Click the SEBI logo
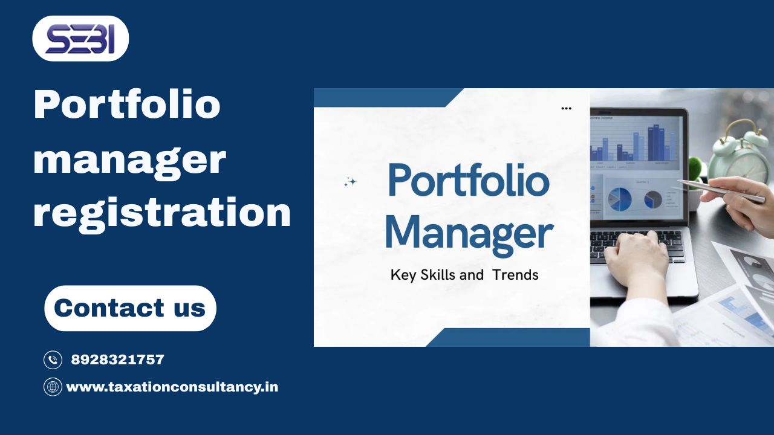pyautogui.click(x=80, y=39)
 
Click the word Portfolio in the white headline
pyautogui.click(x=127, y=104)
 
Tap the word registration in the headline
pyautogui.click(x=162, y=213)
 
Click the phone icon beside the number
pyautogui.click(x=53, y=360)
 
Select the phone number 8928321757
pyautogui.click(x=118, y=360)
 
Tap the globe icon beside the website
pyautogui.click(x=53, y=387)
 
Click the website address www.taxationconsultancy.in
pyautogui.click(x=172, y=387)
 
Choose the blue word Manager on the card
pyautogui.click(x=469, y=233)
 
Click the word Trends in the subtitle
pyautogui.click(x=515, y=275)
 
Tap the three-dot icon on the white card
pyautogui.click(x=566, y=109)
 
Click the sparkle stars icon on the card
pyautogui.click(x=350, y=182)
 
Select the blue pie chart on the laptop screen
pyautogui.click(x=620, y=198)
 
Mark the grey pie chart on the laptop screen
pyautogui.click(x=653, y=199)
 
